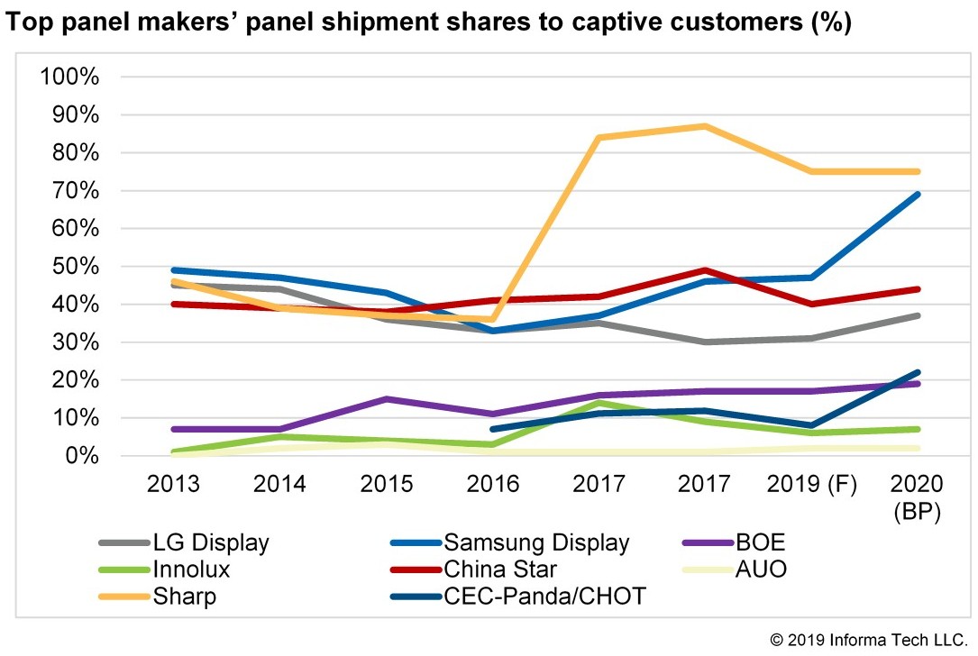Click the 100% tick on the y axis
[x=69, y=77]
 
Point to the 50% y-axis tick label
[x=74, y=267]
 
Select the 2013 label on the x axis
[x=174, y=484]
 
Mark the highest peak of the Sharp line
[x=706, y=126]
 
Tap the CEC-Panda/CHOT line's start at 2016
[x=494, y=429]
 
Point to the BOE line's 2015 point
[x=387, y=399]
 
